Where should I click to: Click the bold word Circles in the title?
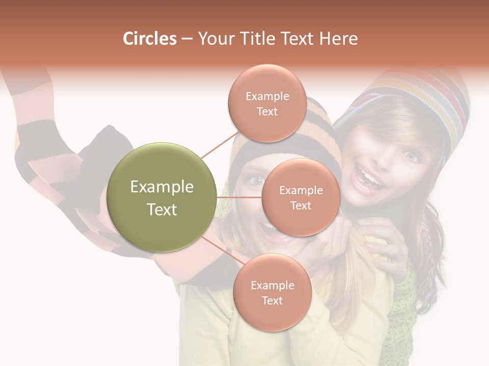tap(149, 39)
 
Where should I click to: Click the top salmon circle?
tap(267, 104)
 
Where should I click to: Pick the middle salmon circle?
tap(301, 197)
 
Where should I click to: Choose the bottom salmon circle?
tap(272, 292)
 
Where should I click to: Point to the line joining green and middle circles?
tap(239, 197)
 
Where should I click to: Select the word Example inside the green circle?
tap(162, 187)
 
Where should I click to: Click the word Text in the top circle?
tap(267, 112)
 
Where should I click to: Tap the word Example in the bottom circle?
tap(272, 285)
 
